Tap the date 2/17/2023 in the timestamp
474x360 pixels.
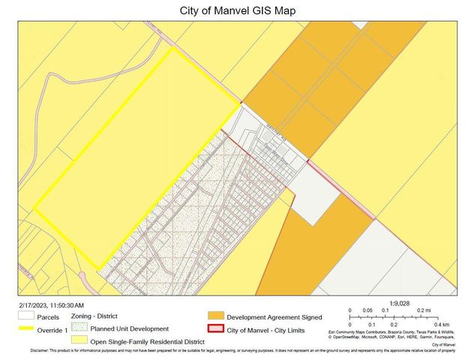pos(34,306)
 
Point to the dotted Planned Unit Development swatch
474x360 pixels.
pos(79,328)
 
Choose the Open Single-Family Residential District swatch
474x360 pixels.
pos(79,340)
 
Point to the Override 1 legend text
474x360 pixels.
pos(53,329)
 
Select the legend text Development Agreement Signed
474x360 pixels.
pos(274,317)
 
